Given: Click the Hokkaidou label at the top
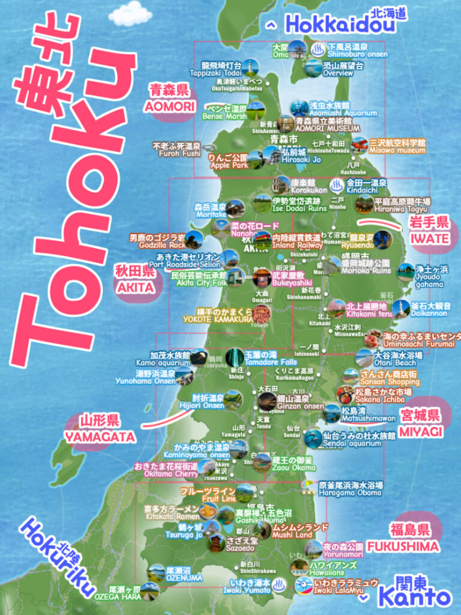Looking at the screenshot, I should (340, 25).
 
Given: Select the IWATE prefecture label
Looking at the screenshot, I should (430, 238).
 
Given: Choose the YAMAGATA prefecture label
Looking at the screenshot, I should (109, 437).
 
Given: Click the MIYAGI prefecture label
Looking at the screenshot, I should (421, 431).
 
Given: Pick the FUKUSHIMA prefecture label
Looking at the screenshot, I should (403, 547).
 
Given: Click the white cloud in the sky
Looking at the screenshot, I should (131, 13).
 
